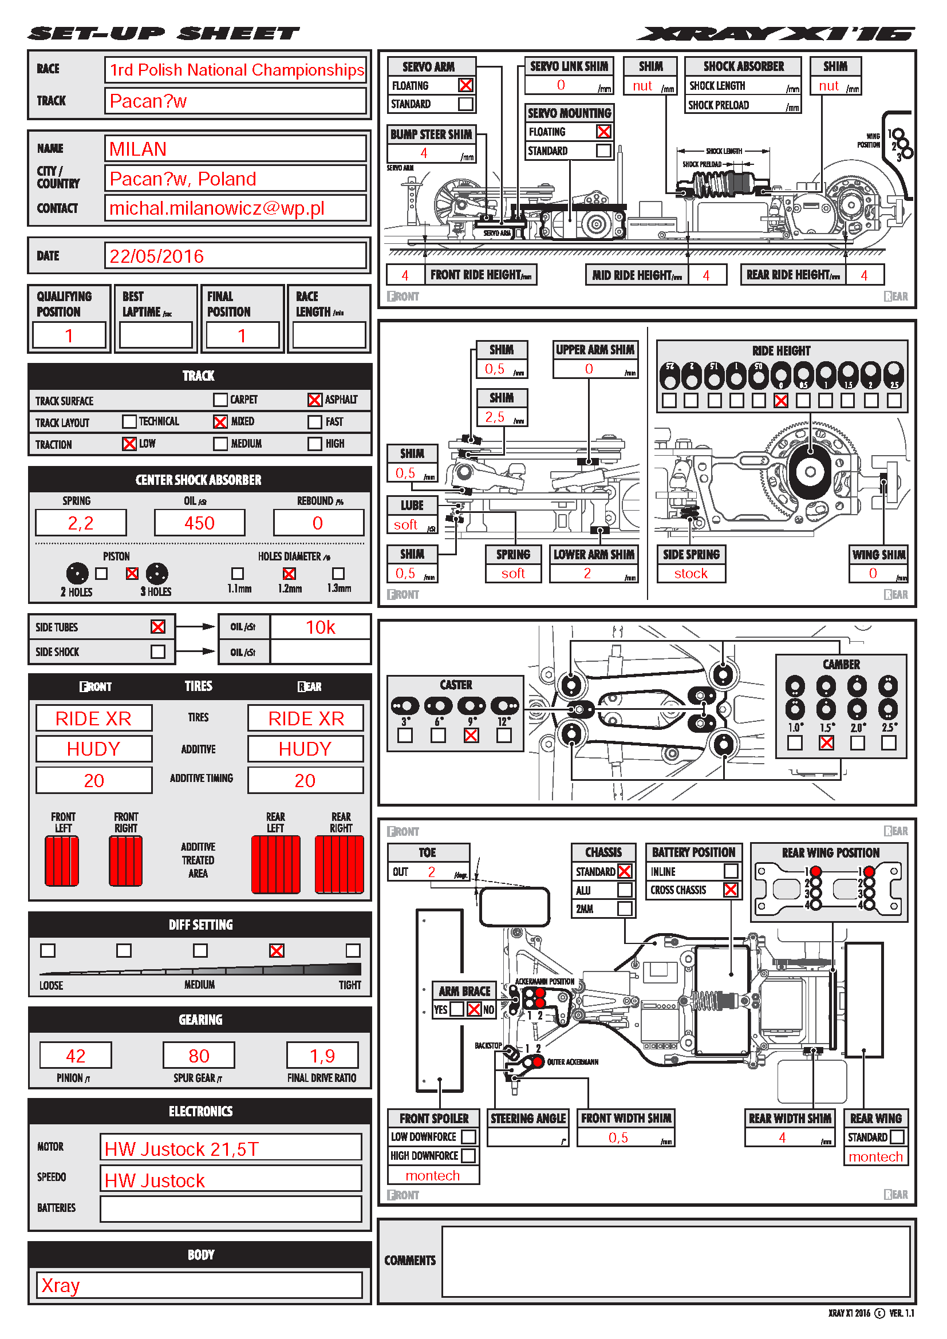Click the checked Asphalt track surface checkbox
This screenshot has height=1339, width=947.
314,400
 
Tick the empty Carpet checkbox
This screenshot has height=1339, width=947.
220,400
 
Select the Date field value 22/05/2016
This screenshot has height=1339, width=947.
235,255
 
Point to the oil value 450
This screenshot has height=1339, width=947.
199,523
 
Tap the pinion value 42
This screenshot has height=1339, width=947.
75,1056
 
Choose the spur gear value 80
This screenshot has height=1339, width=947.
199,1056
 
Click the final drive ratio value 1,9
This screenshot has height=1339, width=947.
322,1056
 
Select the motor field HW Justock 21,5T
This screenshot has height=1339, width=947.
230,1149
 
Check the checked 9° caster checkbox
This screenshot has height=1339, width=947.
471,736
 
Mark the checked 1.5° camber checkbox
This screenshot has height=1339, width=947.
826,743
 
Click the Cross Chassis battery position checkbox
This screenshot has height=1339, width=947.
731,890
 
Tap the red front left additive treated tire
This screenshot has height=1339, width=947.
62,861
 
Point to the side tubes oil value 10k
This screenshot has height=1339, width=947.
320,627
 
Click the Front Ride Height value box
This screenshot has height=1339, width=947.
405,275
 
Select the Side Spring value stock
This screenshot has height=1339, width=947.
691,573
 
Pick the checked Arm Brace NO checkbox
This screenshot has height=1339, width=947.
474,1009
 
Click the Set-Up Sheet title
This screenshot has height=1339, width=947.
164,34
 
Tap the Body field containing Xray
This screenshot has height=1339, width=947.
199,1285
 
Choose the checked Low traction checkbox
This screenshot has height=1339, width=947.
129,444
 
